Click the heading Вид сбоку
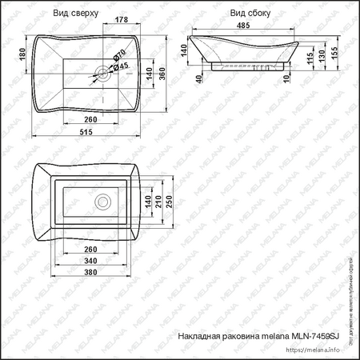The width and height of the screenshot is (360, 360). (249, 13)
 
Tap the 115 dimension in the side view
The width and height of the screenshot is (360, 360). (309, 60)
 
